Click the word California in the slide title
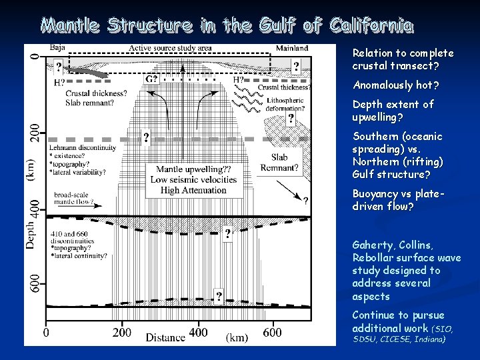[x=371, y=26]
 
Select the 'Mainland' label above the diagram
[x=291, y=48]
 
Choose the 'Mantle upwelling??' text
[x=194, y=169]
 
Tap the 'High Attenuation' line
[x=194, y=190]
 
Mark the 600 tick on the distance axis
[x=273, y=332]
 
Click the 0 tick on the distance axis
[x=45, y=332]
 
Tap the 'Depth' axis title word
[x=31, y=236]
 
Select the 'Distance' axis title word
[x=166, y=337]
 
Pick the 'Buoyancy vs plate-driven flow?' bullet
[x=397, y=200]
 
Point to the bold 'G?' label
[x=152, y=79]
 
